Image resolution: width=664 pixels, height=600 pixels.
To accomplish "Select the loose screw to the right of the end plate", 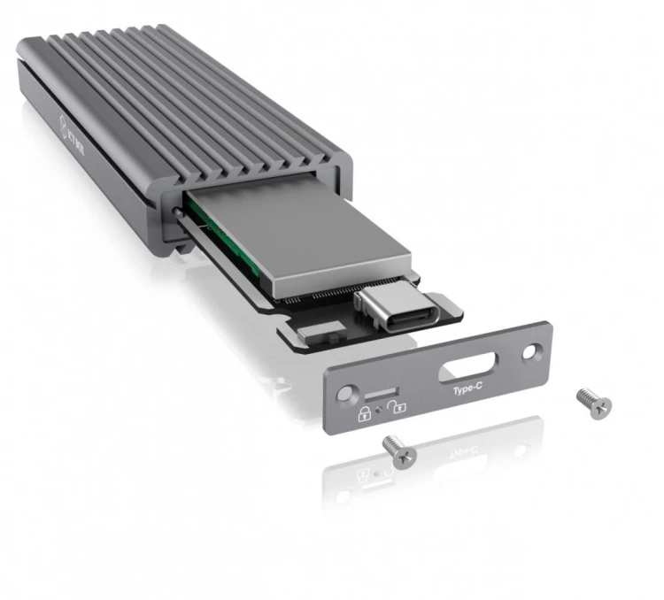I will pyautogui.click(x=593, y=402).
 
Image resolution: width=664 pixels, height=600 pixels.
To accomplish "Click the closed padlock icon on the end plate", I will pyautogui.click(x=363, y=412).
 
